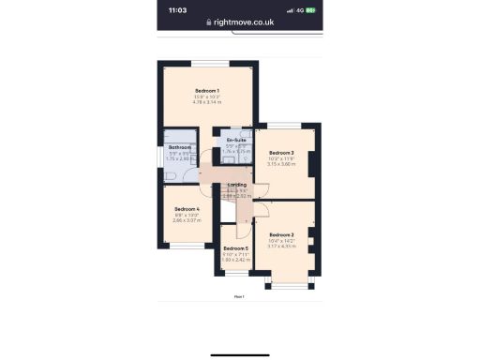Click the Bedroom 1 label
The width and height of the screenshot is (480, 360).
click(x=207, y=89)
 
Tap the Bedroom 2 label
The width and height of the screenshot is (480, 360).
click(x=282, y=234)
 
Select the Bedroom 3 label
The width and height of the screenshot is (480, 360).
click(x=282, y=152)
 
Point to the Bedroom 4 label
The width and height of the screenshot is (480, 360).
click(x=187, y=208)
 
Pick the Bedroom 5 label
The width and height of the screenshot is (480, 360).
click(x=235, y=247)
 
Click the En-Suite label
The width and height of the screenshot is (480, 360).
click(x=236, y=140)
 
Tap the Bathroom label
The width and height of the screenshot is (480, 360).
click(x=180, y=147)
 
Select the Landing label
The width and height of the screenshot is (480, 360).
click(x=237, y=185)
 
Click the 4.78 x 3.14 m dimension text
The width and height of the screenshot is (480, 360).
click(x=207, y=101)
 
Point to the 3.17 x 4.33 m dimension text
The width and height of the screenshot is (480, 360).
click(x=282, y=247)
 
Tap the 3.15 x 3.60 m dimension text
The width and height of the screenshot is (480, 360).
click(x=282, y=164)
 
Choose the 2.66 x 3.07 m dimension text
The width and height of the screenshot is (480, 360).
click(x=187, y=220)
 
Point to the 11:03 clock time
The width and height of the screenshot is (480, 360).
click(x=178, y=10)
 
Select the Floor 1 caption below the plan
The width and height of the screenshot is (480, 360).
click(x=239, y=296)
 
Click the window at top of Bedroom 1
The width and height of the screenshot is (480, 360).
click(x=210, y=63)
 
